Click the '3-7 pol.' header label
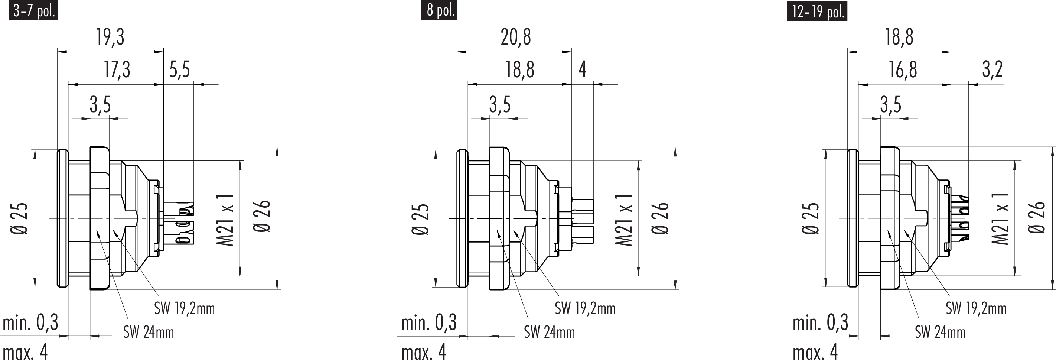(33, 11)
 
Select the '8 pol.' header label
(439, 10)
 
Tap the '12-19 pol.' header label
(817, 12)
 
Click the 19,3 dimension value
(110, 37)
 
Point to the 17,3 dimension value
(117, 70)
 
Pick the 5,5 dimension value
(180, 70)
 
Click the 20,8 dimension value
(516, 37)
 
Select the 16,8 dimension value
(903, 70)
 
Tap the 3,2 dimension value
(992, 70)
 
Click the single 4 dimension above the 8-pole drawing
(583, 70)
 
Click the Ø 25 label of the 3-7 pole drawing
(19, 218)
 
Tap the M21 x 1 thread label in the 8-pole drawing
(623, 220)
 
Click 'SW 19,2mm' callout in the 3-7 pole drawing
(185, 308)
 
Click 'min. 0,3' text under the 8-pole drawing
(429, 323)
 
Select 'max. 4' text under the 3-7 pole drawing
(25, 352)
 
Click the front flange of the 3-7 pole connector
(62, 218)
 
